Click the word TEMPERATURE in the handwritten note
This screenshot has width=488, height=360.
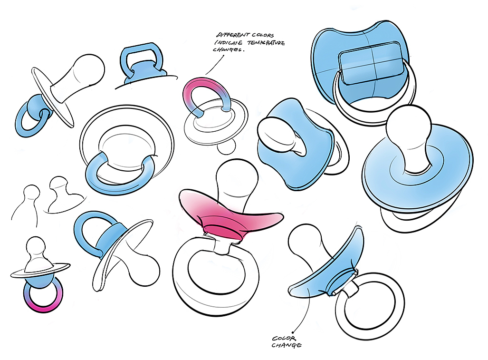(x=267, y=43)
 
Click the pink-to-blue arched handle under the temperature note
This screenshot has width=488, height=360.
(x=205, y=90)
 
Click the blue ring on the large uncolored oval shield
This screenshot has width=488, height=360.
(x=120, y=175)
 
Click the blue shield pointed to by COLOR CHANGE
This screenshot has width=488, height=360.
(x=328, y=271)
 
